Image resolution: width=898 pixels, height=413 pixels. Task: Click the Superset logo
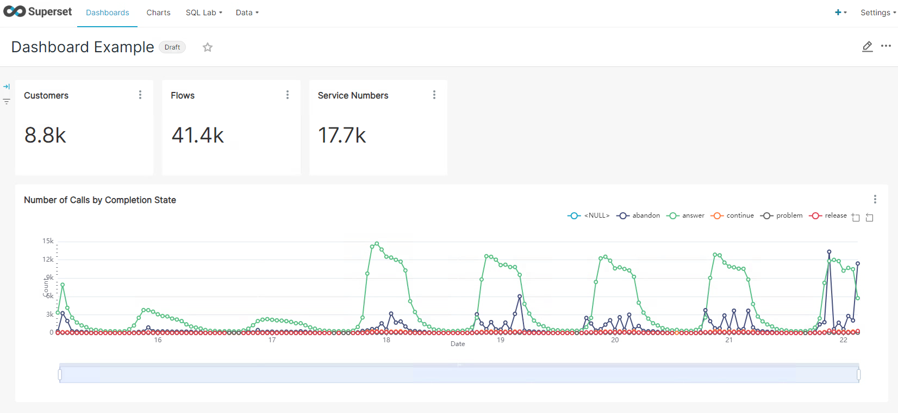click(x=37, y=12)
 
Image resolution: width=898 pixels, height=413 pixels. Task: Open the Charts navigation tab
click(x=158, y=13)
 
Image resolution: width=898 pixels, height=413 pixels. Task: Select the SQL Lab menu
click(x=204, y=13)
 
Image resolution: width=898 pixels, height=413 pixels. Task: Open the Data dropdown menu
click(x=247, y=13)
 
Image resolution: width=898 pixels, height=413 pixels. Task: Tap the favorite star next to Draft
click(x=208, y=47)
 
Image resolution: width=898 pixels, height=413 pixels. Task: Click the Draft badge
click(x=172, y=47)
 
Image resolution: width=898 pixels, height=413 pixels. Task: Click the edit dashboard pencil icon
click(x=868, y=47)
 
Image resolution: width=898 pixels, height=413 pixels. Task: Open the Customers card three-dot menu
click(x=140, y=95)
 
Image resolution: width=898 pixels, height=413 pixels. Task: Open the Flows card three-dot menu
click(x=288, y=95)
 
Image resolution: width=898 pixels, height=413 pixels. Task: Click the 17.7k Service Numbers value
click(x=342, y=135)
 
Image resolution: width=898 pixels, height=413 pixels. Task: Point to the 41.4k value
click(x=198, y=135)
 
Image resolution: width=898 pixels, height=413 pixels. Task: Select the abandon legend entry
click(x=639, y=215)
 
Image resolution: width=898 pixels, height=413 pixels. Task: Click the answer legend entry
click(x=687, y=215)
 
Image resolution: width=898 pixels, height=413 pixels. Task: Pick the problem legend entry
click(x=782, y=215)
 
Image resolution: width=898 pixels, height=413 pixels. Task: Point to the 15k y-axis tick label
click(x=48, y=241)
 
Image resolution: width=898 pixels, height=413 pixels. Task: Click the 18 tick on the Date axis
click(x=386, y=340)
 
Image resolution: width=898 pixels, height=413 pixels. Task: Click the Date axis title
click(x=458, y=344)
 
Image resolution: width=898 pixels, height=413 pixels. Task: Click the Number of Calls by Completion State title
click(x=100, y=200)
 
